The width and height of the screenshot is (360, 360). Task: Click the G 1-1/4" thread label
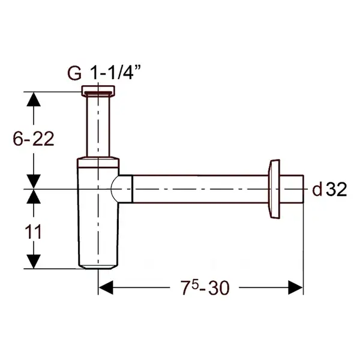104,73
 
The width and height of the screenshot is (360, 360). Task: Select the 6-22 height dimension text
34,139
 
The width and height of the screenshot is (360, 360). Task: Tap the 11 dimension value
33,232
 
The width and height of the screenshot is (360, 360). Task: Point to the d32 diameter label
329,189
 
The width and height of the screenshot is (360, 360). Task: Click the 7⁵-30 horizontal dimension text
205,287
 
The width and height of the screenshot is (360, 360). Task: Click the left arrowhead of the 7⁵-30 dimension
106,287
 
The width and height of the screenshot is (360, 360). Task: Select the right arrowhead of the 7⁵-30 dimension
295,287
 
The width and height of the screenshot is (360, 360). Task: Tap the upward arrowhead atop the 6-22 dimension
34,99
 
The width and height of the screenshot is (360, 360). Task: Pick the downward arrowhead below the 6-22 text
34,181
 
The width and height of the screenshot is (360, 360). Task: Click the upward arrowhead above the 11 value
34,197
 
